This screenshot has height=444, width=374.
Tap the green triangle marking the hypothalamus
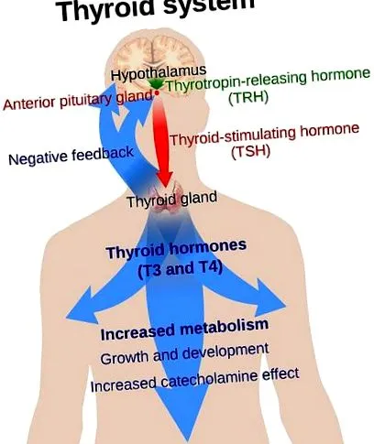pyautogui.click(x=156, y=84)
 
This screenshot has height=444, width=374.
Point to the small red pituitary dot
pyautogui.click(x=157, y=92)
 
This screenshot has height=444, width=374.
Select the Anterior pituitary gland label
pyautogui.click(x=78, y=101)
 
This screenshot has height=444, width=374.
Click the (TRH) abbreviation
pyautogui.click(x=248, y=97)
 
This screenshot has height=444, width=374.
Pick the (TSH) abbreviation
pyautogui.click(x=250, y=152)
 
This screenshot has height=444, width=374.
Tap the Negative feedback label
pyautogui.click(x=71, y=156)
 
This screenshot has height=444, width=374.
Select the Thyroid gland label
pyautogui.click(x=172, y=199)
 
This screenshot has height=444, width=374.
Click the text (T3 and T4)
pyautogui.click(x=180, y=269)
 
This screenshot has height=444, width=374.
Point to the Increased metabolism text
pyautogui.click(x=184, y=330)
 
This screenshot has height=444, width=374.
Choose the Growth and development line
pyautogui.click(x=184, y=354)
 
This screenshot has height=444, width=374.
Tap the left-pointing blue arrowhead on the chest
pyautogui.click(x=82, y=305)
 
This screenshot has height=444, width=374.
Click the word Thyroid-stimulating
pyautogui.click(x=233, y=135)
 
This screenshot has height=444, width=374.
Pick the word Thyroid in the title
pyautogui.click(x=107, y=10)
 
